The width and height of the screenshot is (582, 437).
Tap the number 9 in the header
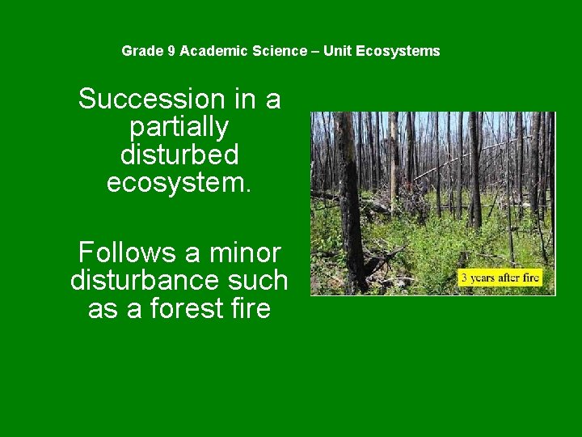171,51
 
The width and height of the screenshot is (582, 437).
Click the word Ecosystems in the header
398,51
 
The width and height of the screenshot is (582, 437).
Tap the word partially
179,127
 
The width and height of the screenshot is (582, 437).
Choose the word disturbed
179,154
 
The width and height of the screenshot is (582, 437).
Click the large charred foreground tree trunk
349,202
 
